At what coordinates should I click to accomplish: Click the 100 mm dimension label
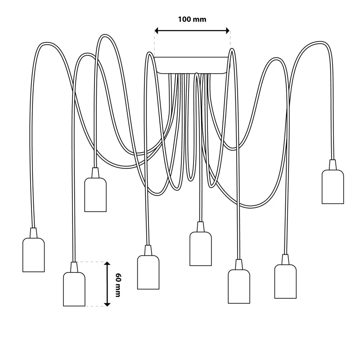click(192, 19)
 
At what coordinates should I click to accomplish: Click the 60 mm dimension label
click(118, 285)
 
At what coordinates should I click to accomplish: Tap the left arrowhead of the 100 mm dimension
click(156, 31)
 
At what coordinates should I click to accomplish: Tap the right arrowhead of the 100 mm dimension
click(228, 31)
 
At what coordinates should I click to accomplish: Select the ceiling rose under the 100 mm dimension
click(192, 65)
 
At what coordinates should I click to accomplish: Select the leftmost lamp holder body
click(33, 255)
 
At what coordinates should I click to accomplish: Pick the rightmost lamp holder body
click(333, 187)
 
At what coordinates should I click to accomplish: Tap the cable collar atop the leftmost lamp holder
click(33, 233)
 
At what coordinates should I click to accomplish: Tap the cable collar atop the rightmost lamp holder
click(333, 165)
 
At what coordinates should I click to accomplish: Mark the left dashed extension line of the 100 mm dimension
click(154, 44)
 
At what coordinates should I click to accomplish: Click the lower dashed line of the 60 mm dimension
click(96, 306)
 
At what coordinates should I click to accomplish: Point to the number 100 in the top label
click(184, 19)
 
